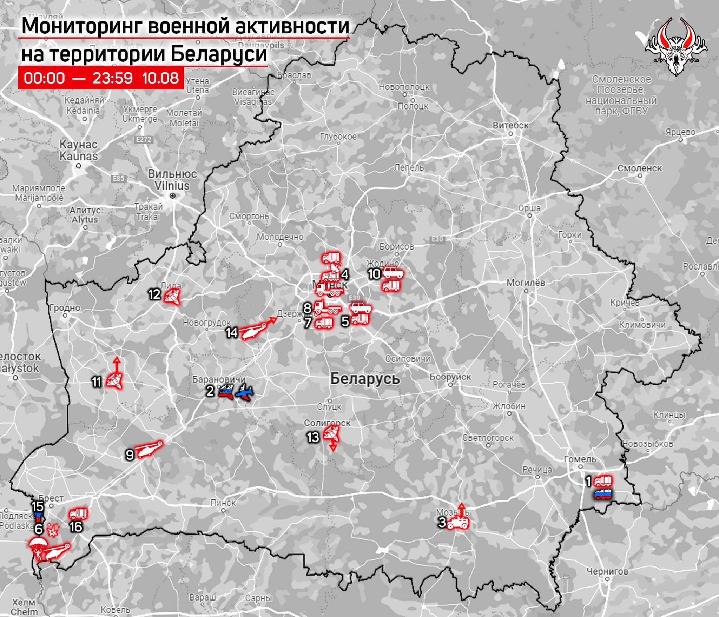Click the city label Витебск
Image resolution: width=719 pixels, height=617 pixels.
pyautogui.click(x=510, y=125)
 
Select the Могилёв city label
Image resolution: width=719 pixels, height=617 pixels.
pyautogui.click(x=526, y=283)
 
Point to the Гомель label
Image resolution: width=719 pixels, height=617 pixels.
pyautogui.click(x=580, y=459)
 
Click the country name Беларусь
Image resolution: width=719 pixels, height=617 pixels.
pyautogui.click(x=365, y=379)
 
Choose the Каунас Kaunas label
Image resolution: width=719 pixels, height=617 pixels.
pyautogui.click(x=78, y=150)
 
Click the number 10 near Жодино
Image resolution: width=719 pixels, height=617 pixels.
pyautogui.click(x=374, y=274)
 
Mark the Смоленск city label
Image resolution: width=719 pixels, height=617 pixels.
pyautogui.click(x=640, y=168)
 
